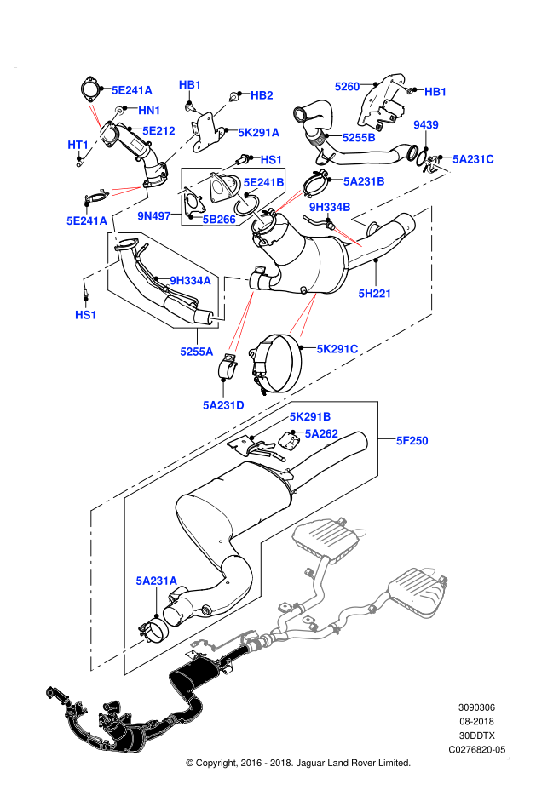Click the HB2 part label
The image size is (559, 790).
262,95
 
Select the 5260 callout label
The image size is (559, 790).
347,87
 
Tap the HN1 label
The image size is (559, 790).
149,111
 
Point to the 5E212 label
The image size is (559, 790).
158,131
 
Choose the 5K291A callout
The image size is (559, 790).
258,133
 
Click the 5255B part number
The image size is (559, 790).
359,138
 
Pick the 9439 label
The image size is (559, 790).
425,125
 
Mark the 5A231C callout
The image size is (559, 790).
473,159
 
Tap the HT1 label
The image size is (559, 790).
78,145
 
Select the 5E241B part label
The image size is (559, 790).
263,182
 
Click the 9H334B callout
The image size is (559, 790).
330,207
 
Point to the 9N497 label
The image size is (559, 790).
154,216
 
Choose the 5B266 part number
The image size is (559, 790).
219,220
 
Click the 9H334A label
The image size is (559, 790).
190,281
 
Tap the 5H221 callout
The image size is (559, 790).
374,294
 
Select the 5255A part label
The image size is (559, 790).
196,352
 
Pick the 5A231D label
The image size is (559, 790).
223,405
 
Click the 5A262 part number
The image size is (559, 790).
321,434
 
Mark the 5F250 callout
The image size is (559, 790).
412,441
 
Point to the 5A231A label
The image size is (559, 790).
156,581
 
